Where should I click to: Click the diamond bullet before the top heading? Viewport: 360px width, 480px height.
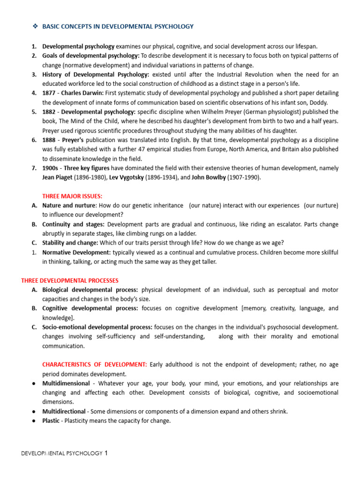click(x=35, y=26)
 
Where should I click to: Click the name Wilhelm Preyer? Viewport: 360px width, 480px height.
click(x=219, y=112)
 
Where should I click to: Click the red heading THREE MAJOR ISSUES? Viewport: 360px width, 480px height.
click(x=72, y=196)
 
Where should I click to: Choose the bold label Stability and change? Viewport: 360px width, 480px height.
click(x=70, y=243)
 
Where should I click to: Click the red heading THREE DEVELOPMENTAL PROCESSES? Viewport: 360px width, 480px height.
click(x=70, y=280)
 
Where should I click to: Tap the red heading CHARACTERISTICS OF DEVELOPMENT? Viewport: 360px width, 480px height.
click(x=95, y=365)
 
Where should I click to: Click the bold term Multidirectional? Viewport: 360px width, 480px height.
click(x=66, y=412)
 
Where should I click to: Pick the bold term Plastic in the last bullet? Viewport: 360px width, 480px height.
click(x=51, y=421)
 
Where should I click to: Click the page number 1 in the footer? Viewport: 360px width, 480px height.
click(x=106, y=453)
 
